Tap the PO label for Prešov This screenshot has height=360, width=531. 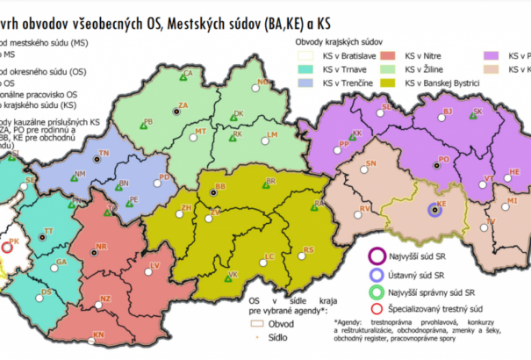(x=444, y=159)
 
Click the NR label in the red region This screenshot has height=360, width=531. (x=102, y=247)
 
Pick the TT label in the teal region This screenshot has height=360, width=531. (x=49, y=231)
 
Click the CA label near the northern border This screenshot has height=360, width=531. (x=188, y=74)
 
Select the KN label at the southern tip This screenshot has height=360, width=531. (x=99, y=335)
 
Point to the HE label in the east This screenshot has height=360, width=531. (x=514, y=172)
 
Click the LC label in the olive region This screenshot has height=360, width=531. (x=270, y=256)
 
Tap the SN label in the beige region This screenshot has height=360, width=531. (x=371, y=164)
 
